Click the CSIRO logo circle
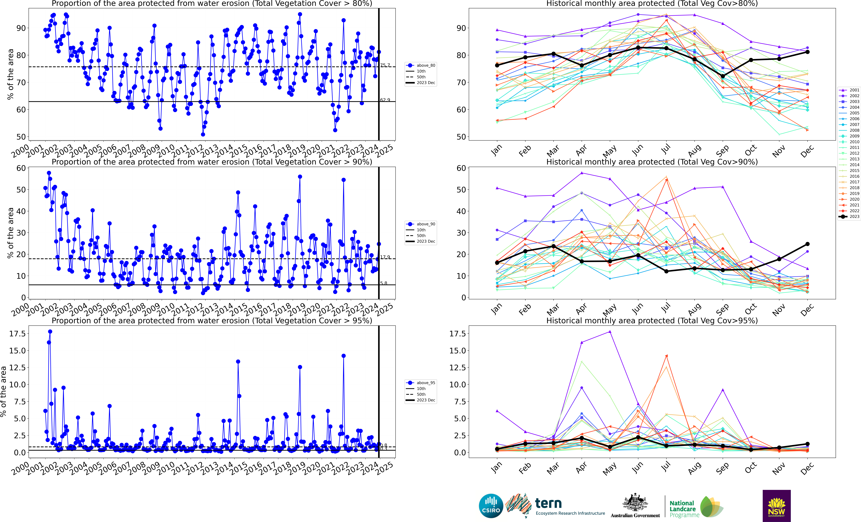click(491, 506)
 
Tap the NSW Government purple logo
click(776, 506)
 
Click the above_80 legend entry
click(421, 65)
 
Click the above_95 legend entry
click(421, 383)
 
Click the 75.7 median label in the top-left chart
click(385, 65)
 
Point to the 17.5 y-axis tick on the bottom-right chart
click(457, 333)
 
